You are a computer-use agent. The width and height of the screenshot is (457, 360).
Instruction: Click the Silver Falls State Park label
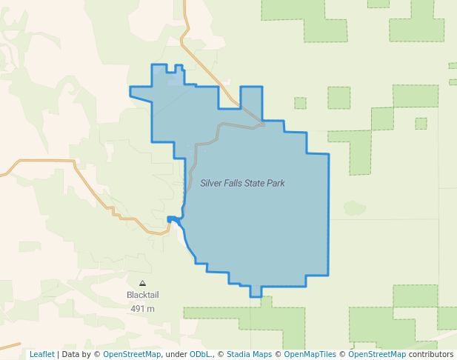coord(242,183)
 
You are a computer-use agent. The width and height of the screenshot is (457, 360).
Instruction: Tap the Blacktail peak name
coord(142,295)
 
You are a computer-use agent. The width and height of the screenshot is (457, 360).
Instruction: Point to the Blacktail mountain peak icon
coord(142,283)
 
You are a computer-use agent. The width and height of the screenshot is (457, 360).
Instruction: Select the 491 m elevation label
coord(142,308)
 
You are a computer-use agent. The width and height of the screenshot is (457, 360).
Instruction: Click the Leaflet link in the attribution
coord(41,354)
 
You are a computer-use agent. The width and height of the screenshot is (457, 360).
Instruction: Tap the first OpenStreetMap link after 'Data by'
coord(132,354)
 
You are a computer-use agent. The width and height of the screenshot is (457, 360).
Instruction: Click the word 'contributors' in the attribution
coord(431,354)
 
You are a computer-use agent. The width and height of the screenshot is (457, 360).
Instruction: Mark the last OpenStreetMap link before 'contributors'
coord(377,354)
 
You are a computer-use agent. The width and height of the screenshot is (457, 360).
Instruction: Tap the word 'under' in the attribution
coord(176,354)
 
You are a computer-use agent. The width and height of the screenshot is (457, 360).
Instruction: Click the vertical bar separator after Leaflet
coord(58,354)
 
